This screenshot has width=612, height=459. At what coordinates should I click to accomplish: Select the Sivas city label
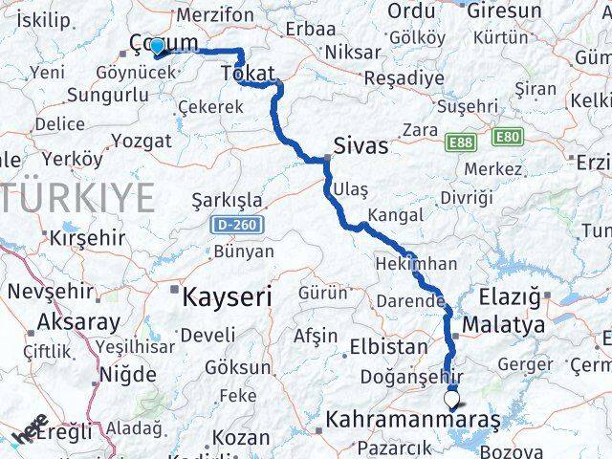(x=361, y=145)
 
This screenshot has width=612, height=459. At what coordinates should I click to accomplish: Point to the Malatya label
(x=503, y=325)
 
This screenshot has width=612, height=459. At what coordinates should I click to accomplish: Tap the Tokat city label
(x=248, y=74)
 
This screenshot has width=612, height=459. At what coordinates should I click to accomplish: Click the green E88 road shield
(x=460, y=142)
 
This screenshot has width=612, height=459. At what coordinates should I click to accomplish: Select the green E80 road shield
(x=508, y=138)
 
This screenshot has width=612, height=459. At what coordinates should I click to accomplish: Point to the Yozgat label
(x=142, y=141)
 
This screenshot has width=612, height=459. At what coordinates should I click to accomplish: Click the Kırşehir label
(x=88, y=236)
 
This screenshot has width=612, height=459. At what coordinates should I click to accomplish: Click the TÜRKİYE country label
(x=76, y=197)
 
